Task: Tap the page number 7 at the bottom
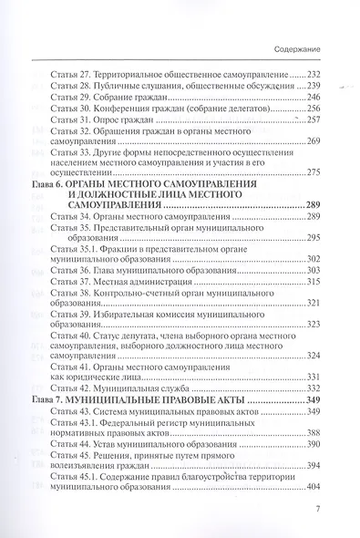pyautogui.click(x=319, y=512)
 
